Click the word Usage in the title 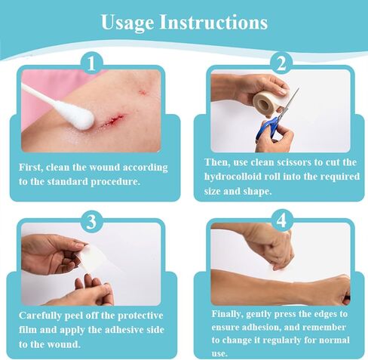click(x=127, y=23)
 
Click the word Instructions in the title click(x=213, y=22)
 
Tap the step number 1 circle click(x=91, y=63)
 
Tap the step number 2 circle click(x=281, y=63)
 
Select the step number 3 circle click(x=91, y=221)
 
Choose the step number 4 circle click(x=281, y=221)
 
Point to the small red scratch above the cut click(x=143, y=92)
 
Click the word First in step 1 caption click(x=30, y=168)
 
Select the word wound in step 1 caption click(x=105, y=168)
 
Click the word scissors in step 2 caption click(x=293, y=162)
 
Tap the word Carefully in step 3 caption click(x=40, y=315)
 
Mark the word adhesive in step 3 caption click(x=124, y=330)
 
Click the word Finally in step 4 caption click(x=227, y=314)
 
